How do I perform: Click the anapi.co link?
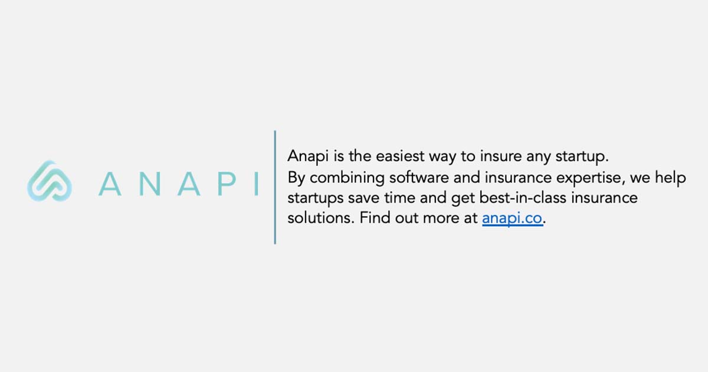coord(512,218)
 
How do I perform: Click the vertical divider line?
coord(275,187)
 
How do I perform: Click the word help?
coord(671,177)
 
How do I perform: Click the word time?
coord(408,197)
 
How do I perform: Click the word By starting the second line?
coord(296,178)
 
